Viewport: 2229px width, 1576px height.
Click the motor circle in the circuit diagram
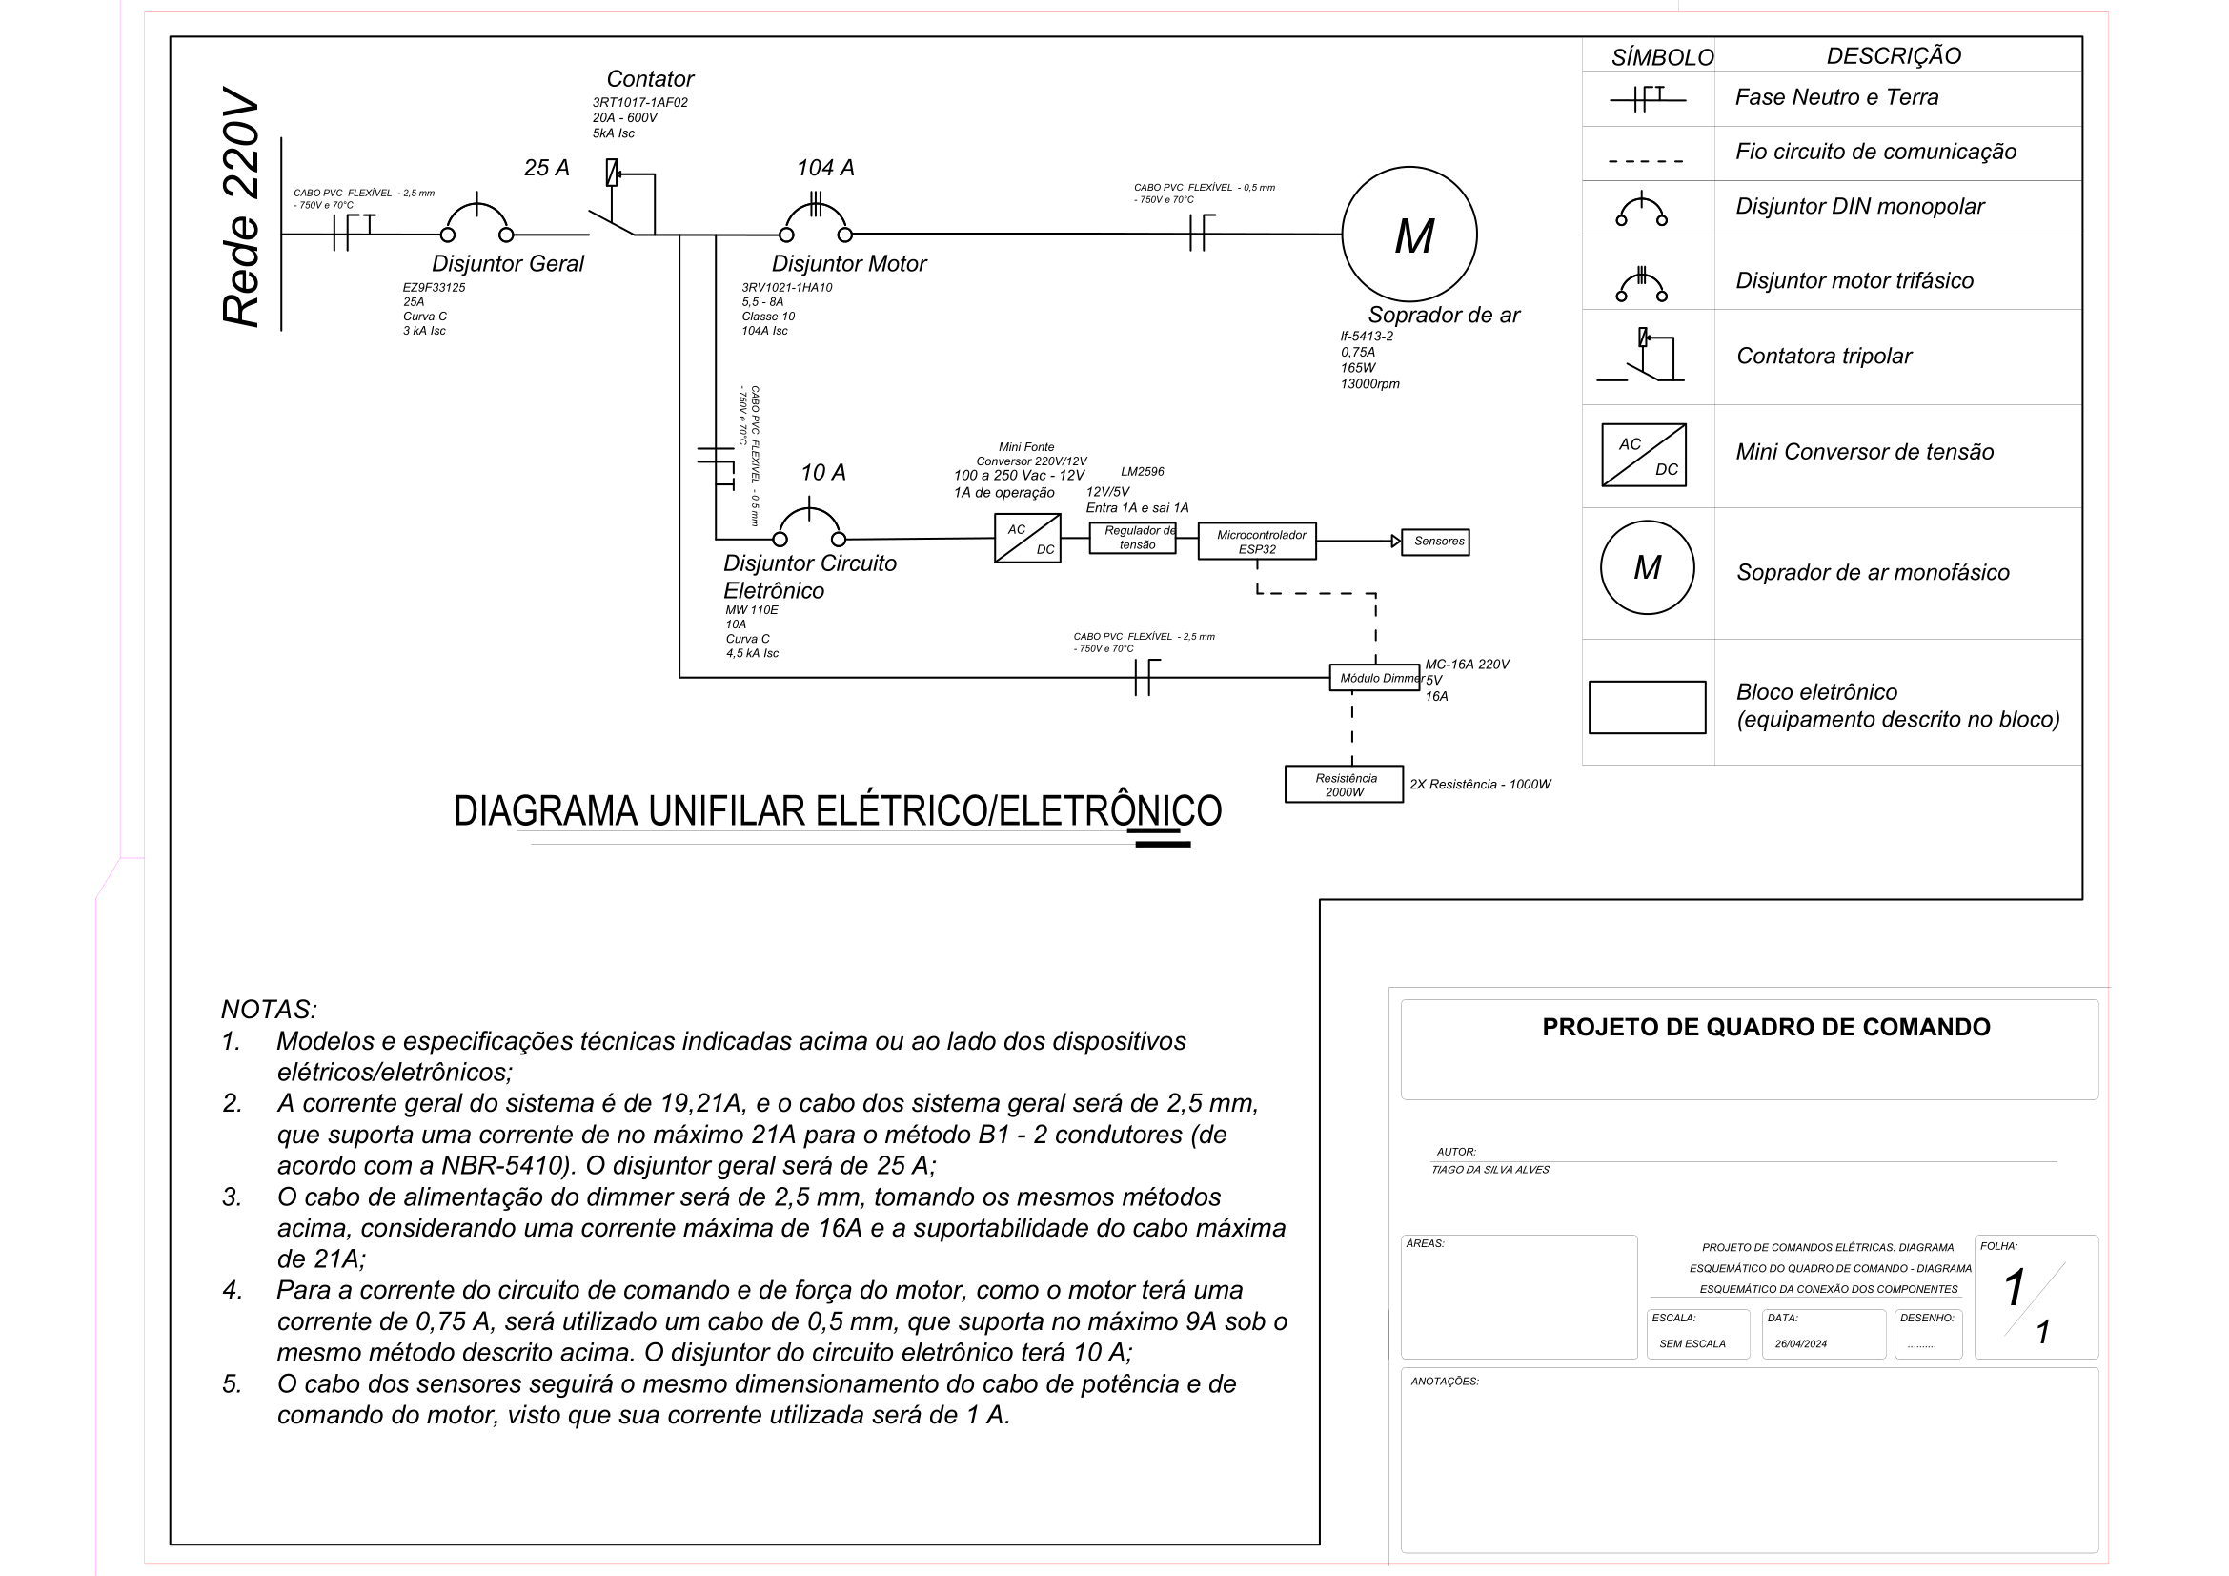(x=1408, y=234)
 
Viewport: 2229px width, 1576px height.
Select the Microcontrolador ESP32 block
(x=1256, y=541)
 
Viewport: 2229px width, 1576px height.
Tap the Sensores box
(x=1438, y=541)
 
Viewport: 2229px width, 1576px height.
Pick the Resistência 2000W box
(x=1344, y=784)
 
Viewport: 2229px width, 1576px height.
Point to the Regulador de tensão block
(x=1132, y=537)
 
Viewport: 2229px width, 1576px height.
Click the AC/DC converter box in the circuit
(x=1027, y=538)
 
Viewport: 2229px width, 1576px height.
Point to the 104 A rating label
(x=825, y=168)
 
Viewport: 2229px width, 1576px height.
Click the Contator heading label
(x=650, y=78)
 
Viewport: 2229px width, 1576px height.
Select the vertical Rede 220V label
(x=242, y=208)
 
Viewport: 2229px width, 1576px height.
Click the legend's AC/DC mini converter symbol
(x=1643, y=455)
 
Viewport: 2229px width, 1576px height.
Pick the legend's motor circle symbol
(x=1647, y=567)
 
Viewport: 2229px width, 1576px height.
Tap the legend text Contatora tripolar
(x=1823, y=357)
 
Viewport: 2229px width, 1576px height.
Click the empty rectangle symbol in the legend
(x=1647, y=706)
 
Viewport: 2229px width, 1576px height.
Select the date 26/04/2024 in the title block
(x=1800, y=1344)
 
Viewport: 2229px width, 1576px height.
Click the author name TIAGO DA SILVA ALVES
(x=1489, y=1169)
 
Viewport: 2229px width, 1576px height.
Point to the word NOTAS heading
(x=269, y=1009)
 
